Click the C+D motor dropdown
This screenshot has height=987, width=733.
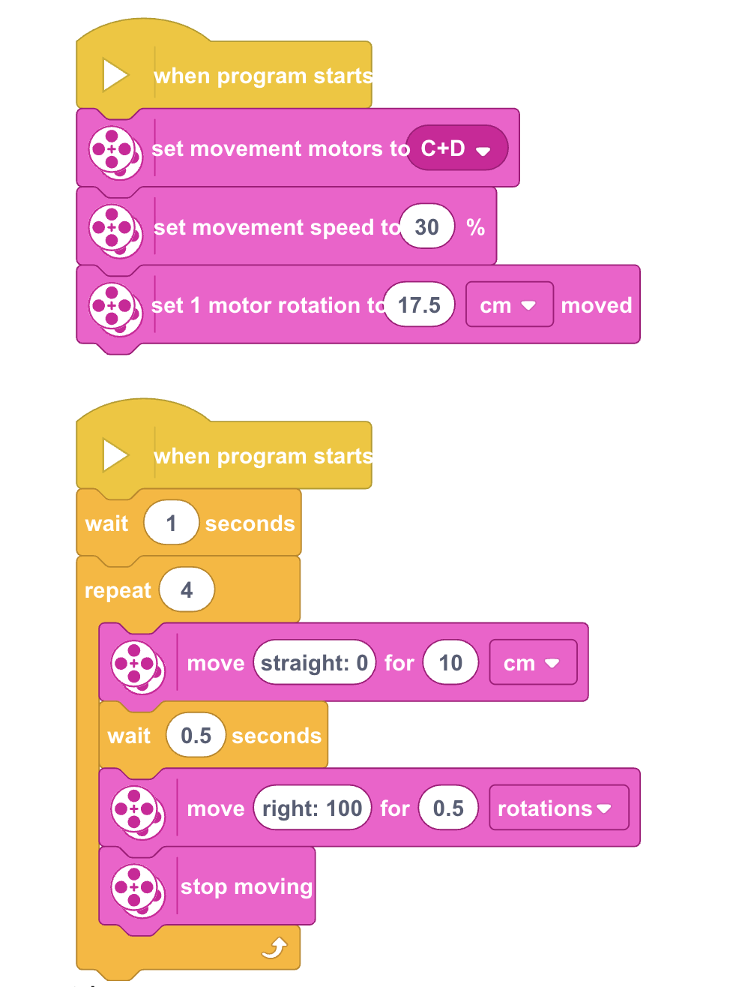tap(456, 148)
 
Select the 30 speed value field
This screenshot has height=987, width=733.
tap(426, 226)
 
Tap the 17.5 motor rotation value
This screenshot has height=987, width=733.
tap(419, 304)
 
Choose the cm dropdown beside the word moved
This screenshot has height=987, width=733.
tap(509, 304)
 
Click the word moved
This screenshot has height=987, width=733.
tap(596, 305)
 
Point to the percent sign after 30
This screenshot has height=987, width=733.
tap(475, 227)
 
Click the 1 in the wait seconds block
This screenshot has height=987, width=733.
tap(171, 523)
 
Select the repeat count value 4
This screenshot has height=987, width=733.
tap(187, 590)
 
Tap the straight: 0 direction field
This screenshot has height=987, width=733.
tap(315, 662)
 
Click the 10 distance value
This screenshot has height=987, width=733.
tap(450, 662)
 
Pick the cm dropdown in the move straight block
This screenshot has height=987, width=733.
tap(533, 662)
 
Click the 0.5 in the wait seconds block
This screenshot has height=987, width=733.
tap(196, 735)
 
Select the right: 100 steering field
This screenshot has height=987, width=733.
tap(313, 808)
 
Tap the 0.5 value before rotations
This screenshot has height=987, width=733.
tap(448, 808)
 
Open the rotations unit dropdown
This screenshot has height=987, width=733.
tap(558, 808)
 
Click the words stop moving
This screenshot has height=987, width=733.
tap(247, 887)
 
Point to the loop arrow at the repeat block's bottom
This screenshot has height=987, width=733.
tap(274, 947)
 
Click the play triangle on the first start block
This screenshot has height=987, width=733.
tap(115, 75)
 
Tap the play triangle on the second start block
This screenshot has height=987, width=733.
tap(115, 454)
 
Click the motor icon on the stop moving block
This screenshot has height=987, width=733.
tap(137, 890)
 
